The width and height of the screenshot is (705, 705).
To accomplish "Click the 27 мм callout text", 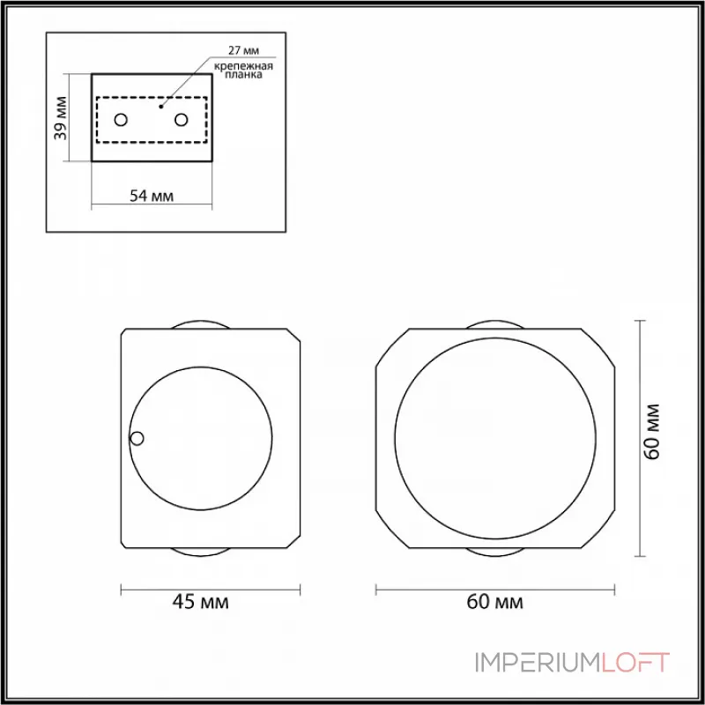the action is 243,50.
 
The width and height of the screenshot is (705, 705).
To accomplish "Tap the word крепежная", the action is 243,67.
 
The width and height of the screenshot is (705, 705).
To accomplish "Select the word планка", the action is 243,75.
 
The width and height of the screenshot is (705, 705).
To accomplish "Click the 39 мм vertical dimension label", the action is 60,118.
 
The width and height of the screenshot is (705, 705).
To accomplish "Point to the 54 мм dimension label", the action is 152,196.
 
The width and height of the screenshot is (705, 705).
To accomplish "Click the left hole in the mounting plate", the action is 121,120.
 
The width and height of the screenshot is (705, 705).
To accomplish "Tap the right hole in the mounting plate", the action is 182,120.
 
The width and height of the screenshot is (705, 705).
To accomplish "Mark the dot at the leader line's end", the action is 161,107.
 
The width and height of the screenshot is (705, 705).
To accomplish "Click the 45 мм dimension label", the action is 201,602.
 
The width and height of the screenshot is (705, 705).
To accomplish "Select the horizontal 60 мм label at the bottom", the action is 495,602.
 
